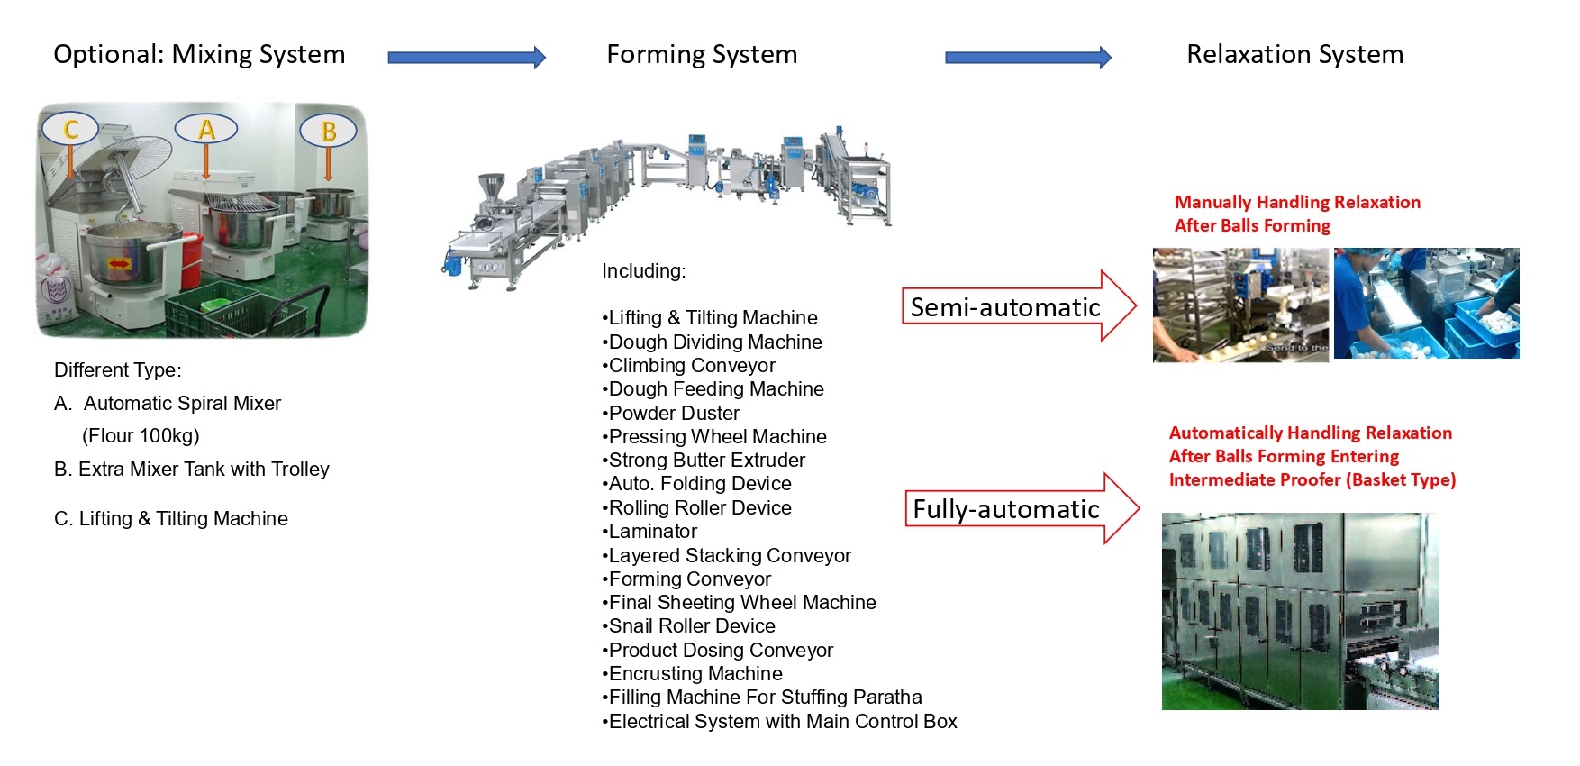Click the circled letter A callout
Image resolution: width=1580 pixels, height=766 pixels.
[x=206, y=130]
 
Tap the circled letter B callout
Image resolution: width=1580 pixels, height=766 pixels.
[x=328, y=131]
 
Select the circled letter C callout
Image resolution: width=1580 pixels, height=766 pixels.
[x=71, y=129]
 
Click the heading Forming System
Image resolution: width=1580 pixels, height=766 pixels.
[x=702, y=55]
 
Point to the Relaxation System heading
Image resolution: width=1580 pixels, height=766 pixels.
[x=1294, y=55]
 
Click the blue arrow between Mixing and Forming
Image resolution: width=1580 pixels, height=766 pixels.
[x=466, y=58]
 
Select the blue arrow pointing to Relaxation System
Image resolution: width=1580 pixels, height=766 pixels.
[x=1027, y=58]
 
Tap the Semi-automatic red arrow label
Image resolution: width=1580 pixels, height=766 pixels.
[x=1005, y=307]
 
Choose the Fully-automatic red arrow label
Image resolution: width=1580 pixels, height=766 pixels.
[x=1006, y=509]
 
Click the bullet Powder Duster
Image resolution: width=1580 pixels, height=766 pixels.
[x=673, y=413]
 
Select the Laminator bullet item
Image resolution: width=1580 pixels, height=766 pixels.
[x=652, y=532]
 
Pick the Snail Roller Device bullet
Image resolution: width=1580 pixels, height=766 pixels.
[x=691, y=626]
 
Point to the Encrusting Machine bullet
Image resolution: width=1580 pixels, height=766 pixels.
[x=695, y=674]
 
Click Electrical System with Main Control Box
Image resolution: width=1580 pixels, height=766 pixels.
[x=782, y=722]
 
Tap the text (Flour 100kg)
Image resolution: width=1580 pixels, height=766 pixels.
[x=141, y=436]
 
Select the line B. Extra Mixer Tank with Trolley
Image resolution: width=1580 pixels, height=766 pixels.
[x=192, y=470]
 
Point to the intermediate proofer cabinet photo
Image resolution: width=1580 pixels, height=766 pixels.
[x=1299, y=611]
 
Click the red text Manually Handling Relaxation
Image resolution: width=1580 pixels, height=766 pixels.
[x=1297, y=203]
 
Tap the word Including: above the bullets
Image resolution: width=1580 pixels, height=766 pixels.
[x=643, y=271]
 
